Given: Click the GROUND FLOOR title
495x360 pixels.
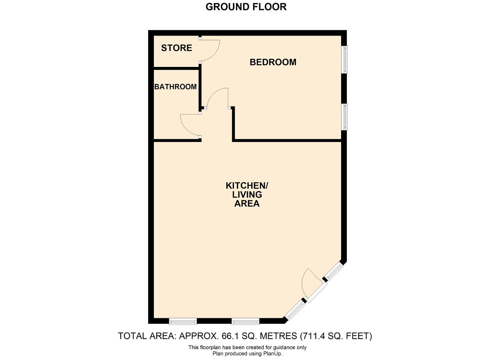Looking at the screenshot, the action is (x=246, y=7).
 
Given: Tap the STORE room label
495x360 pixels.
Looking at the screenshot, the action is (x=177, y=48).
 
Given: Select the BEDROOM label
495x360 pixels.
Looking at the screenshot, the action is (x=273, y=62).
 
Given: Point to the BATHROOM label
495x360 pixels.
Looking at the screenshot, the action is (x=176, y=87).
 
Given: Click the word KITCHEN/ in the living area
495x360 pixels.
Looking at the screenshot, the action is (x=247, y=186).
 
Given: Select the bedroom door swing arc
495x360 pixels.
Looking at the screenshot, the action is (x=212, y=93).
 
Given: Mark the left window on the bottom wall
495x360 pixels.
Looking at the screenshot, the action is (x=183, y=321).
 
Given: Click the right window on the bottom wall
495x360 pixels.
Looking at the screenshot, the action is (x=245, y=321).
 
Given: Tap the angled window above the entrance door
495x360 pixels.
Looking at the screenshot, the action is (x=335, y=271).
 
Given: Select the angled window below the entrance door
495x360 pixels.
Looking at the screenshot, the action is (x=295, y=309).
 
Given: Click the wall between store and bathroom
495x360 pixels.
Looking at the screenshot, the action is (x=177, y=68).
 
